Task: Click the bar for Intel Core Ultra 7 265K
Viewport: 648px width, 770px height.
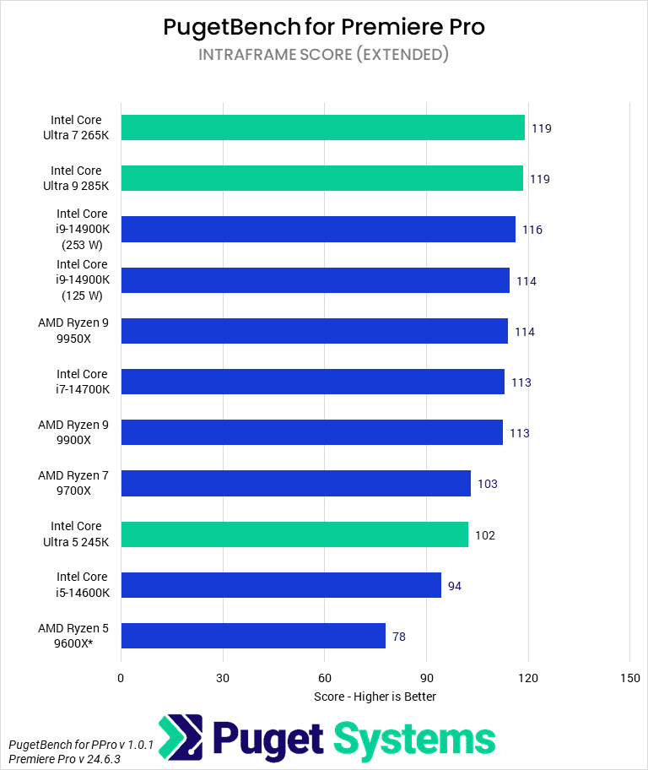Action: point(322,128)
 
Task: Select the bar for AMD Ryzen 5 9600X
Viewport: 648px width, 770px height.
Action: point(253,636)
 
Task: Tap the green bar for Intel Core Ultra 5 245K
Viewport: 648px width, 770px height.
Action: point(294,534)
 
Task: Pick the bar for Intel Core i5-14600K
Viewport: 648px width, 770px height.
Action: point(281,585)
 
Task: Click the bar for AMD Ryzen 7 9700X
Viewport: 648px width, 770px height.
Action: point(296,484)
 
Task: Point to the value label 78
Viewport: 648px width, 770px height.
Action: point(399,637)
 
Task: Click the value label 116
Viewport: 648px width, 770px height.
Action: point(532,230)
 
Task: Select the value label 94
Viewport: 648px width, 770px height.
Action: point(455,586)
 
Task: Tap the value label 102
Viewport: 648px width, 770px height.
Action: point(484,535)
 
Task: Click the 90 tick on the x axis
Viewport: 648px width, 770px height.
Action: point(426,678)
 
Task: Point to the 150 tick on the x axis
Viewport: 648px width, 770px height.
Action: point(629,678)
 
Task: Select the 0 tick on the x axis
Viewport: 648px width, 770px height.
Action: point(121,678)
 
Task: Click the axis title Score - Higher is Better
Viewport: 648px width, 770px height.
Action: point(375,697)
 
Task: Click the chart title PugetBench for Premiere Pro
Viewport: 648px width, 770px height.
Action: point(324,27)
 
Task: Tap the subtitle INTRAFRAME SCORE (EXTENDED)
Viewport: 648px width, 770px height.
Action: point(324,55)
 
